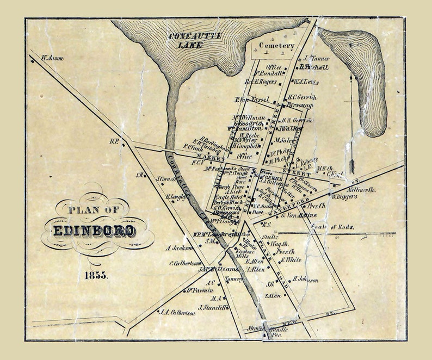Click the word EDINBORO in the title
click(x=94, y=231)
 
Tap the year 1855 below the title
click(x=96, y=275)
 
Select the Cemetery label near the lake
click(x=276, y=46)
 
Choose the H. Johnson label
click(x=305, y=280)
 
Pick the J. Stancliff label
click(x=212, y=307)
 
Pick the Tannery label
click(x=232, y=279)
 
